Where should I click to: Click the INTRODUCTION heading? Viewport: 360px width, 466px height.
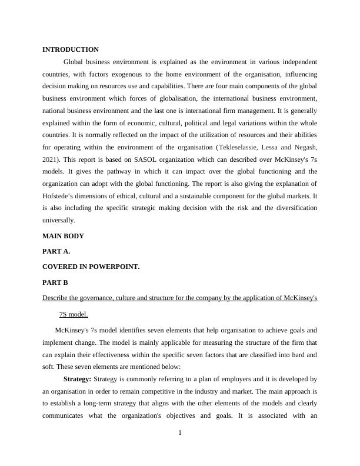(71, 49)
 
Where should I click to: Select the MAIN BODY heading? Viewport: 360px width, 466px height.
(63, 236)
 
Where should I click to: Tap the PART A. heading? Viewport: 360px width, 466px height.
(56, 251)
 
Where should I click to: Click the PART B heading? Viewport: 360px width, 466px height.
(55, 282)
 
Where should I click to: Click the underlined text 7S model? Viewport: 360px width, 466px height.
(74, 314)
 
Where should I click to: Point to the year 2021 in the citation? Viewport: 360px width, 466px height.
(51, 159)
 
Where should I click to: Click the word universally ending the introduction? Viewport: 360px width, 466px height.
(59, 221)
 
